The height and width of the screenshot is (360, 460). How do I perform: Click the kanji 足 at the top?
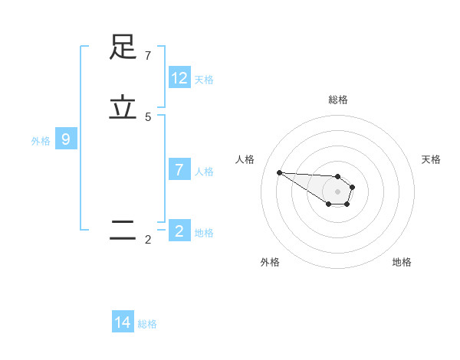(x=123, y=47)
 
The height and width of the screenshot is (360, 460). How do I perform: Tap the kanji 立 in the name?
(x=123, y=107)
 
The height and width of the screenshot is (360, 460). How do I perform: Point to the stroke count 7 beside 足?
(x=148, y=56)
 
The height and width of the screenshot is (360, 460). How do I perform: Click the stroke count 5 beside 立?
(x=148, y=117)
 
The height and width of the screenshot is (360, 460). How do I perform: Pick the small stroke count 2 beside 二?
(x=148, y=240)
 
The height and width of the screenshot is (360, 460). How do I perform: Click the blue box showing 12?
(x=179, y=78)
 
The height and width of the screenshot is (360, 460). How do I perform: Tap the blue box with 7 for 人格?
(x=179, y=170)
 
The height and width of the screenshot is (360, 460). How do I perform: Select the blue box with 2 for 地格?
(x=179, y=231)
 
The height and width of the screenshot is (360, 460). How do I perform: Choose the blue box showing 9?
(x=66, y=139)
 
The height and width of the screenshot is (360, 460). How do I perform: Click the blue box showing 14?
(x=123, y=322)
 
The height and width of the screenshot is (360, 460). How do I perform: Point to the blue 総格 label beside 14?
(x=147, y=324)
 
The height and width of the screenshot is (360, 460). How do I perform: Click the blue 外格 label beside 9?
(x=41, y=141)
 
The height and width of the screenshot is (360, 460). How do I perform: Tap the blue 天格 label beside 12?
(x=204, y=80)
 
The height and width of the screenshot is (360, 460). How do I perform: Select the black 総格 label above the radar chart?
(x=338, y=100)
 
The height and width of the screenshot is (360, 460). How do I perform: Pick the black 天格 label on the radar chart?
(x=431, y=159)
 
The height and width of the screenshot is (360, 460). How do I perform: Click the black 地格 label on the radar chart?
(x=402, y=262)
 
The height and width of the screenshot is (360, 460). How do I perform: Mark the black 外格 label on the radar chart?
(x=270, y=262)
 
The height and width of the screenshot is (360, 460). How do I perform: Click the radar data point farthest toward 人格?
(x=279, y=172)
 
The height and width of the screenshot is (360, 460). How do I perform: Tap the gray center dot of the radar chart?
(x=337, y=191)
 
